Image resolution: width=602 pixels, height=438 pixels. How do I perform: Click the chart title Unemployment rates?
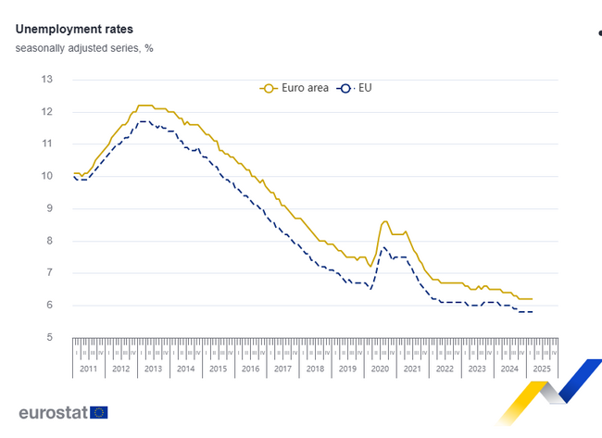pyautogui.click(x=74, y=29)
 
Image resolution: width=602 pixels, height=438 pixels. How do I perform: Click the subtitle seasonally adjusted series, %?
pyautogui.click(x=84, y=47)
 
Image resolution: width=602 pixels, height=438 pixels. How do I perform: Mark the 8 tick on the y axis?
pyautogui.click(x=49, y=241)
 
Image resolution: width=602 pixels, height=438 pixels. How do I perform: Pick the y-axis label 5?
pyautogui.click(x=49, y=338)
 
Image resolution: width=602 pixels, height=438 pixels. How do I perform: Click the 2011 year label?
pyautogui.click(x=88, y=369)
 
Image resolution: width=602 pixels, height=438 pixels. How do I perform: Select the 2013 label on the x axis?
pyautogui.click(x=153, y=369)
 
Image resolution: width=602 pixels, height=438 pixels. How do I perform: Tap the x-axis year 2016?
pyautogui.click(x=250, y=369)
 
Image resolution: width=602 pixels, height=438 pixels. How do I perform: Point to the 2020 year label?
pyautogui.click(x=380, y=369)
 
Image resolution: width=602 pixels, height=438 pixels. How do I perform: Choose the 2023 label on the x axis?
pyautogui.click(x=477, y=369)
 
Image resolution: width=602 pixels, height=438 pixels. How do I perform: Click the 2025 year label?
pyautogui.click(x=542, y=369)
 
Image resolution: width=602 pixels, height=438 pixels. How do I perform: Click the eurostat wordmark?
pyautogui.click(x=53, y=413)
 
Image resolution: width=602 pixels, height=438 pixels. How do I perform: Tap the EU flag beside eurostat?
pyautogui.click(x=98, y=413)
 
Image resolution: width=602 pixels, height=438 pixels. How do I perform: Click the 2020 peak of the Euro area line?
pyautogui.click(x=384, y=221)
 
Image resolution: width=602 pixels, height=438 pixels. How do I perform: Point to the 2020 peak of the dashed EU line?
pyautogui.click(x=383, y=246)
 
